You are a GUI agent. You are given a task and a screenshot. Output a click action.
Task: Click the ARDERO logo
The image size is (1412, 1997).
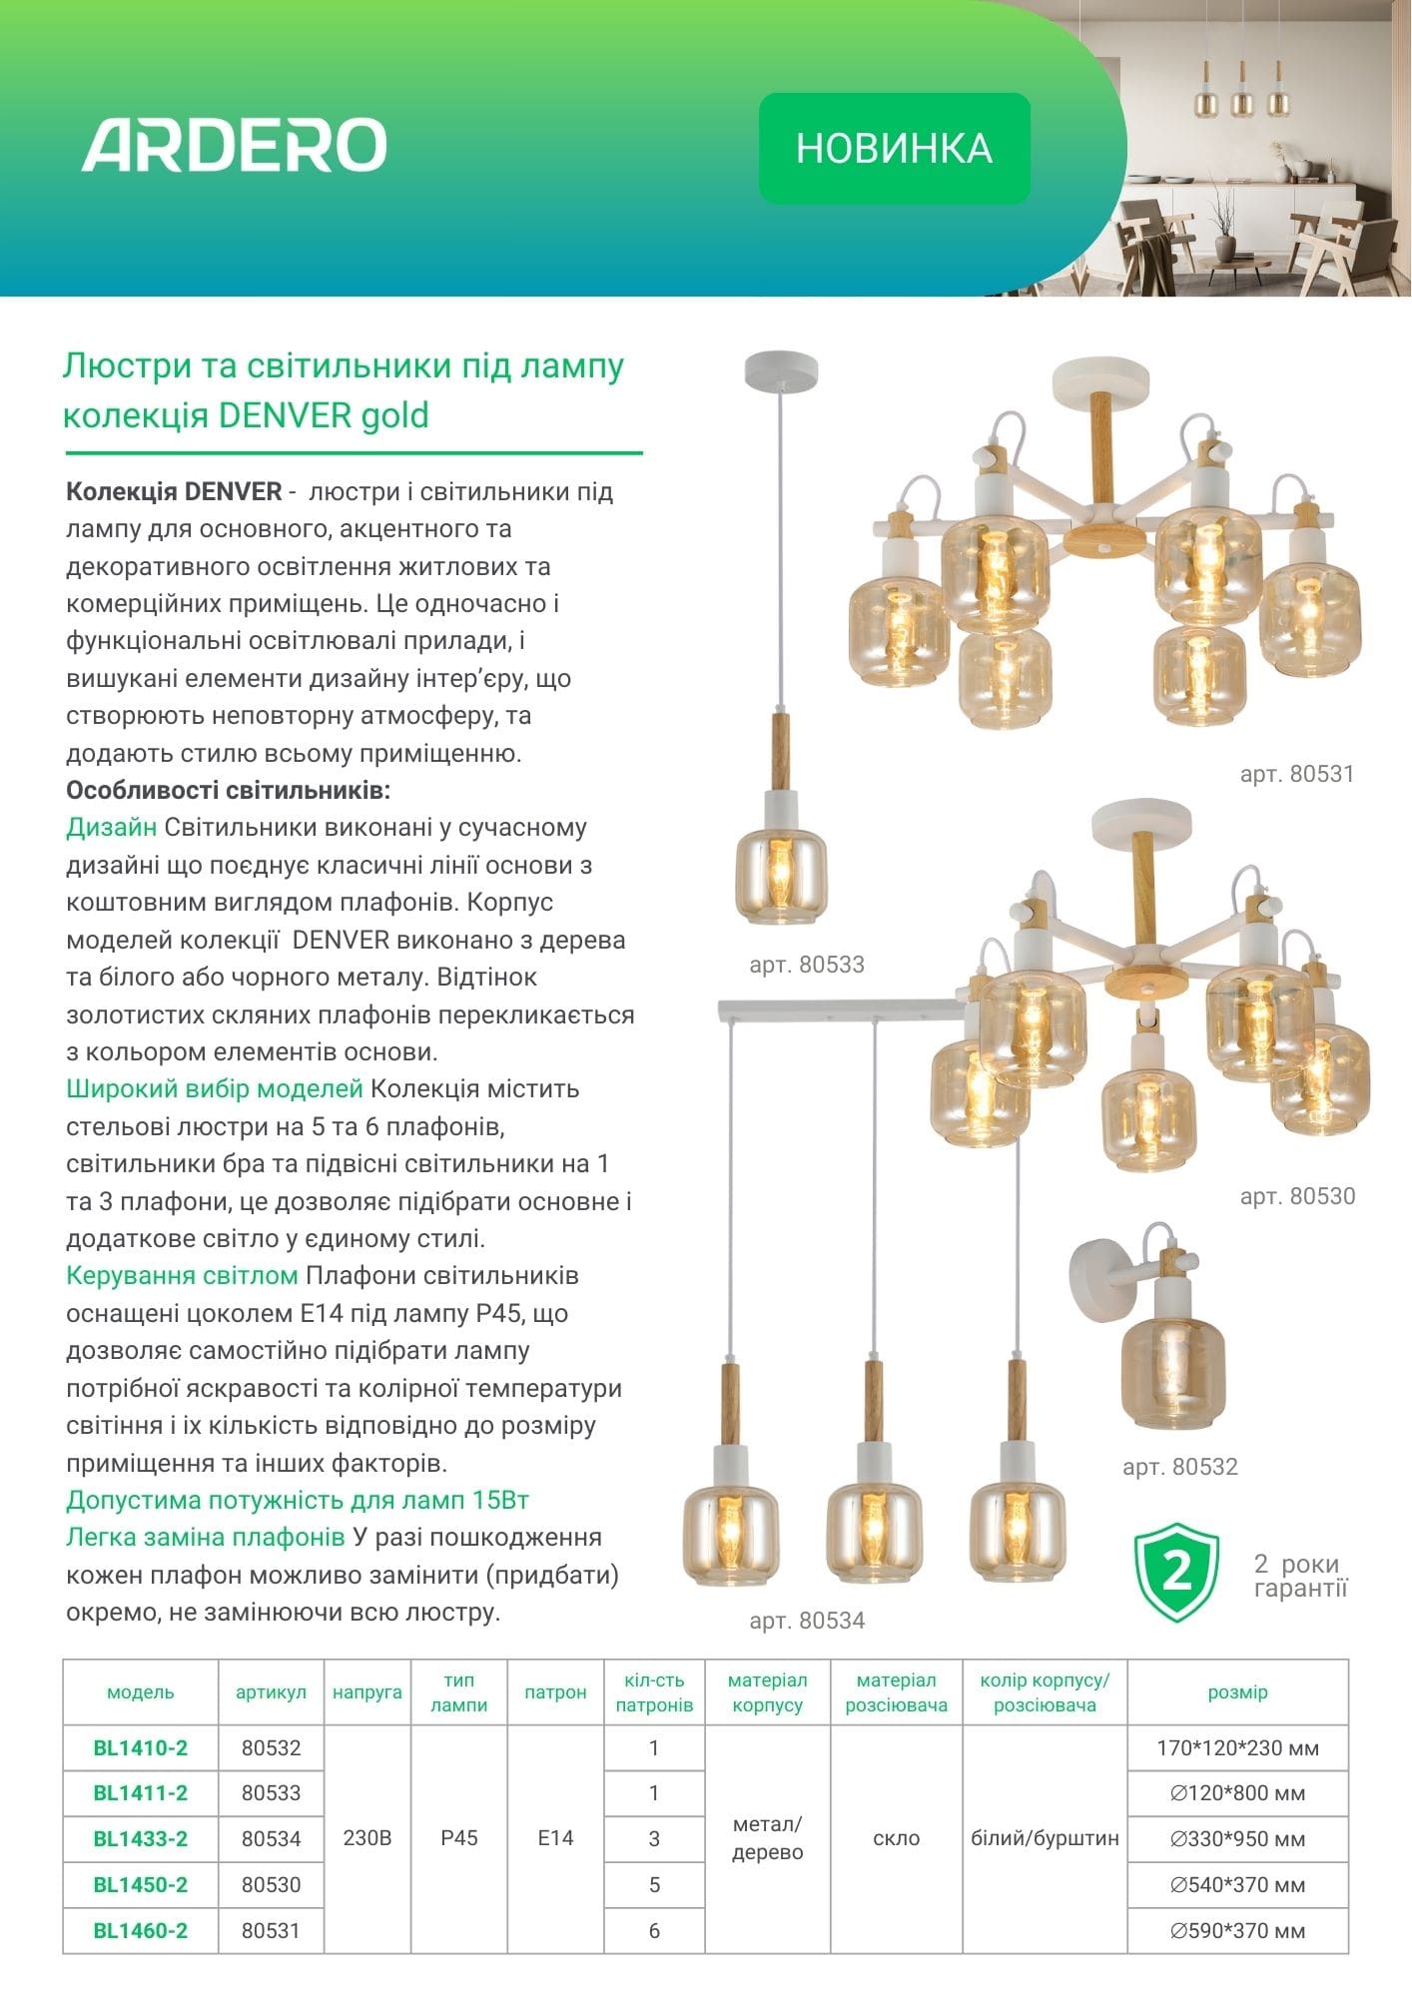pos(234,145)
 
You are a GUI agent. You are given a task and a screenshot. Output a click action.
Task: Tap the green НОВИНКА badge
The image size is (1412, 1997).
pos(894,149)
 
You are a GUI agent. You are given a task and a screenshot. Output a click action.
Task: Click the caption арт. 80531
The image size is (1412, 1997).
pos(1296,774)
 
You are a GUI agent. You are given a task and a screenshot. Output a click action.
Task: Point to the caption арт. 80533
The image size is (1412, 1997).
pos(807,965)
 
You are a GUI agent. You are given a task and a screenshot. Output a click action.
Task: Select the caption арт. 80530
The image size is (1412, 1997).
pos(1297,1196)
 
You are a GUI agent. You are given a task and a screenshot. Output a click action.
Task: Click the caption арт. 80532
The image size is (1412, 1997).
pos(1179,1467)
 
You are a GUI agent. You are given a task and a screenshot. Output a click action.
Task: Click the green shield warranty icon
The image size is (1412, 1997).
pos(1177,1573)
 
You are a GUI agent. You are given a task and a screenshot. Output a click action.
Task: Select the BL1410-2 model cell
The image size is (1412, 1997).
pos(141,1748)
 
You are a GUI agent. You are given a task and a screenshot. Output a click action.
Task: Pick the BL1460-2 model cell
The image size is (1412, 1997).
pos(141,1931)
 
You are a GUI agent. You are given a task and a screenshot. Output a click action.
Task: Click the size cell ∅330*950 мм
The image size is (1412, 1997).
pos(1237,1839)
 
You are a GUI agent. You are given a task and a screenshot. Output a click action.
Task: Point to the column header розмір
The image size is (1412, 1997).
pos(1237,1692)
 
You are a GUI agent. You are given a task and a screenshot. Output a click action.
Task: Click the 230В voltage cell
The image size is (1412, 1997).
pos(367,1838)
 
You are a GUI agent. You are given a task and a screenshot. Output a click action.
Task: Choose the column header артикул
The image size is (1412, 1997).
pos(271,1692)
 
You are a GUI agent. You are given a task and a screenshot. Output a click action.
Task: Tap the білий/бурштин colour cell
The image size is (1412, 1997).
pos(1045,1838)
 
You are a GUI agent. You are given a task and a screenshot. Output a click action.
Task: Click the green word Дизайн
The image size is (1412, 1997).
pos(111,828)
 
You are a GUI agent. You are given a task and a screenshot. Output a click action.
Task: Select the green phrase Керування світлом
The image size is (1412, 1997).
pos(182,1276)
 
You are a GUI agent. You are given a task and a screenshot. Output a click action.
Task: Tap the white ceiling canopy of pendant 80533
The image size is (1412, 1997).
pos(781,370)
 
